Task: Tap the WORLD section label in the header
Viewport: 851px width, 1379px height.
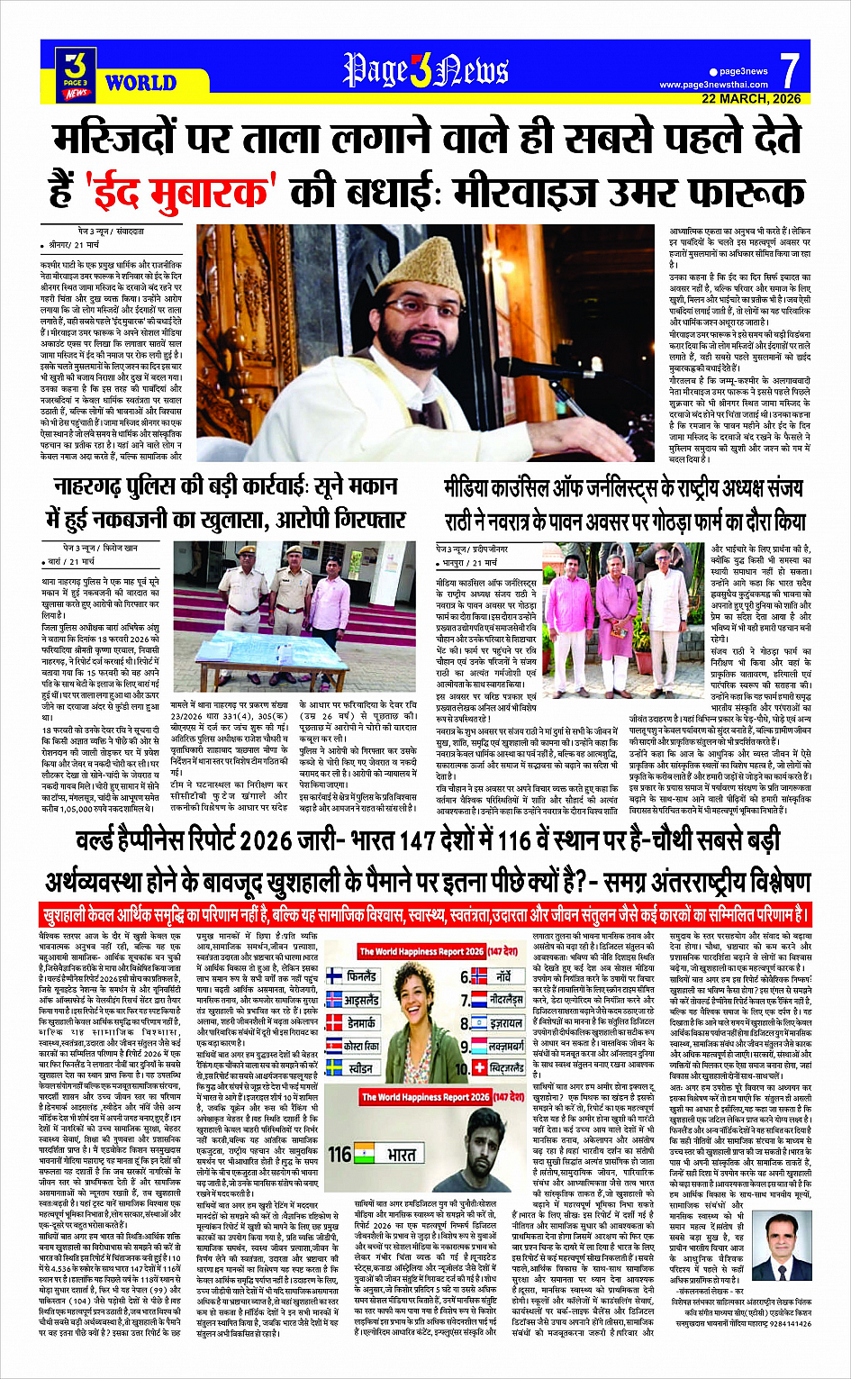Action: coord(140,83)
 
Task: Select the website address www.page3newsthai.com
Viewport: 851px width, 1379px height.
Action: coord(713,85)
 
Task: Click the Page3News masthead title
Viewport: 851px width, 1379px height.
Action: coord(425,70)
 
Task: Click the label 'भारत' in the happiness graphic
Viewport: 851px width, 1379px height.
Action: coord(402,1154)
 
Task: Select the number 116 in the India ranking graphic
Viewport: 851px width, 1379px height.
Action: coord(339,1154)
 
